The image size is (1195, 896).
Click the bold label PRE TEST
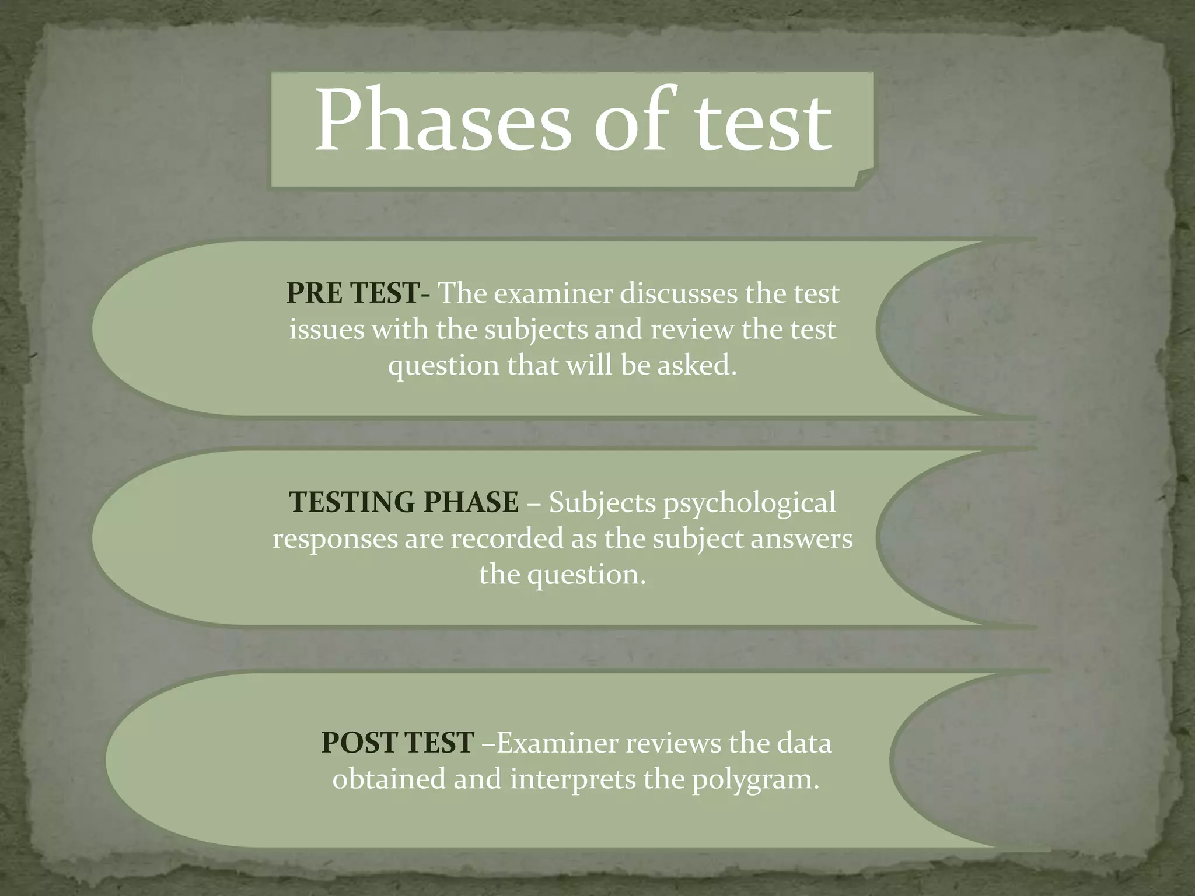[352, 293]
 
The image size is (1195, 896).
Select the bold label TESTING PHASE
[404, 502]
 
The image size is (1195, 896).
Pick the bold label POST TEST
[397, 743]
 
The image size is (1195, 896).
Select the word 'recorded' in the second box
[506, 538]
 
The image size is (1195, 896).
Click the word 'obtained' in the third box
[388, 779]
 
